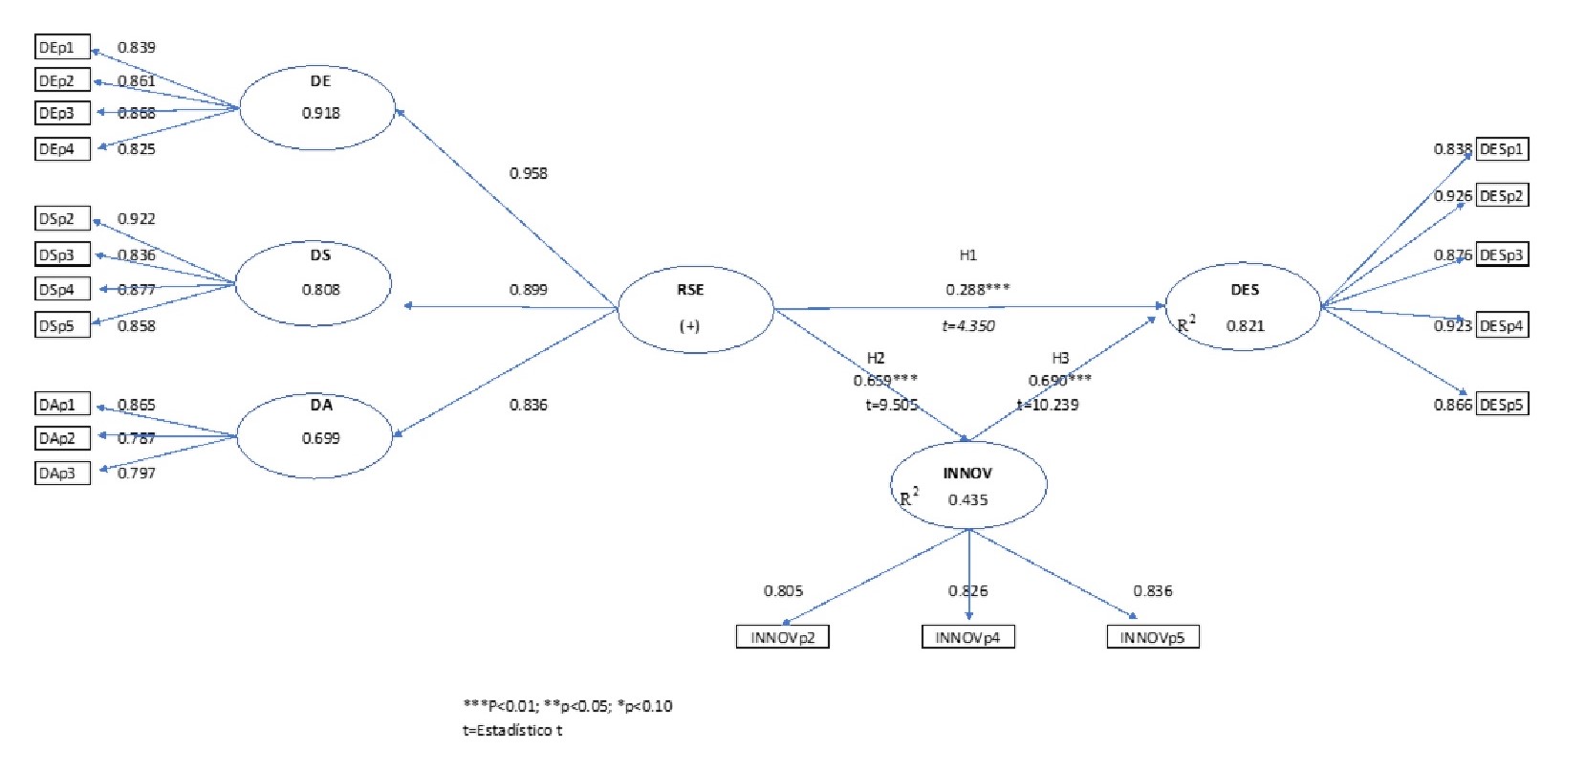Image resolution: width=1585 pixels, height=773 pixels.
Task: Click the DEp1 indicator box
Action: (x=62, y=47)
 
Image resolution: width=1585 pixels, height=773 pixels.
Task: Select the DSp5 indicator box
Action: (x=62, y=325)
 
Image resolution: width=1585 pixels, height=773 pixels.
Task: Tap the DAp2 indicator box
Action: (x=62, y=438)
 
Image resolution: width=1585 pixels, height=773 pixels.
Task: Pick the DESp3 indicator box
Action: (x=1502, y=255)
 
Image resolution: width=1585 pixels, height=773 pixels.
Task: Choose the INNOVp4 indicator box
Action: (x=967, y=637)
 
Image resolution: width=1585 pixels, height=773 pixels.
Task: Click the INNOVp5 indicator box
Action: (x=1153, y=637)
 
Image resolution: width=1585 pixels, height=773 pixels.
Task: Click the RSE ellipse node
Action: (x=695, y=308)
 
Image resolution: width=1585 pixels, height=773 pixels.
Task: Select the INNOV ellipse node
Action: (x=968, y=484)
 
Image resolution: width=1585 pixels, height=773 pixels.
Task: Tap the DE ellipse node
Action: (x=316, y=107)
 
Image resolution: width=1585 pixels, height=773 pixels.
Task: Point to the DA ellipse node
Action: (x=315, y=434)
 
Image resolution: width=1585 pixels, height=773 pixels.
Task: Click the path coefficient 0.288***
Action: (x=978, y=289)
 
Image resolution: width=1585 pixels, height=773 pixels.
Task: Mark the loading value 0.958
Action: (x=528, y=173)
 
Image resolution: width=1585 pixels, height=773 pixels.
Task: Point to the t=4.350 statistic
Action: (x=968, y=325)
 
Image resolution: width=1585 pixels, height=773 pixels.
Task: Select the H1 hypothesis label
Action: (x=967, y=254)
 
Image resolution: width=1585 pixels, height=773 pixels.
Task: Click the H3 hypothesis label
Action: (x=1060, y=358)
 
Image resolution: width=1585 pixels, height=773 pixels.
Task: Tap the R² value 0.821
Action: (x=1245, y=325)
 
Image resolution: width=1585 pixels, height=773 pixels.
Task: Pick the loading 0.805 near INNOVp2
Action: (x=783, y=590)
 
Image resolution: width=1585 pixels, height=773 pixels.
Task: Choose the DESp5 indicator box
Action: (x=1502, y=405)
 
